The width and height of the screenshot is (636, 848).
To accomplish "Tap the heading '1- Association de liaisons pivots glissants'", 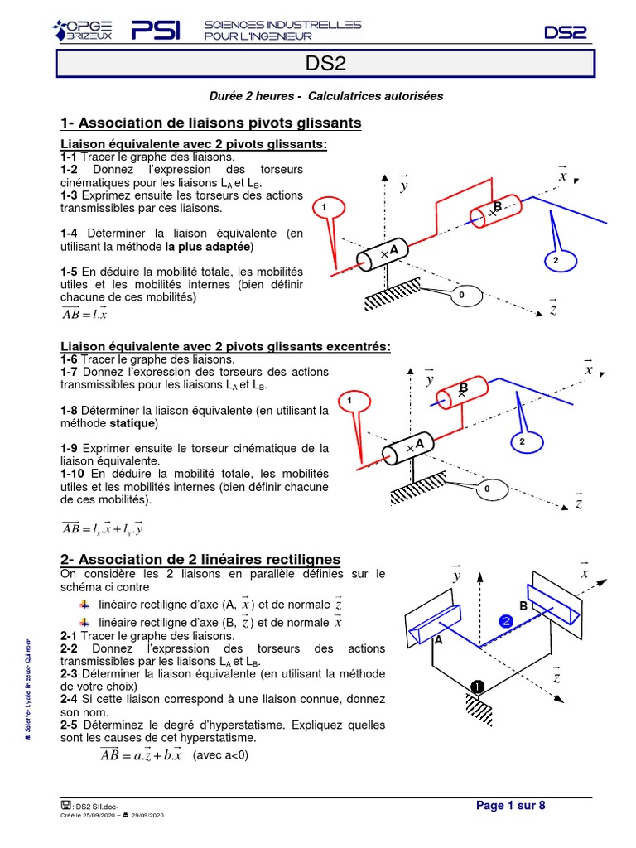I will (x=211, y=123).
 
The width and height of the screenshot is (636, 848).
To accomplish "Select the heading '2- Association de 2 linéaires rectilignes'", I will (x=200, y=560).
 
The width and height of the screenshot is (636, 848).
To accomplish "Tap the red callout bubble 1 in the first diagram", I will (x=325, y=206).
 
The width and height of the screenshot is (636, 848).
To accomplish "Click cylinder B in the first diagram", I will (x=494, y=210).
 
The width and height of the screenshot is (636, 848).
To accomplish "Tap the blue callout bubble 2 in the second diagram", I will (x=522, y=442).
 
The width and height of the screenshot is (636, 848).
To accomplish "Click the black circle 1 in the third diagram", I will (x=477, y=687).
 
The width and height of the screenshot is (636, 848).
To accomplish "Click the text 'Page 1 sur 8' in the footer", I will (x=510, y=806).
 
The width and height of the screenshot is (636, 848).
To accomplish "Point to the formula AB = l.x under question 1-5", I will (x=84, y=314).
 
